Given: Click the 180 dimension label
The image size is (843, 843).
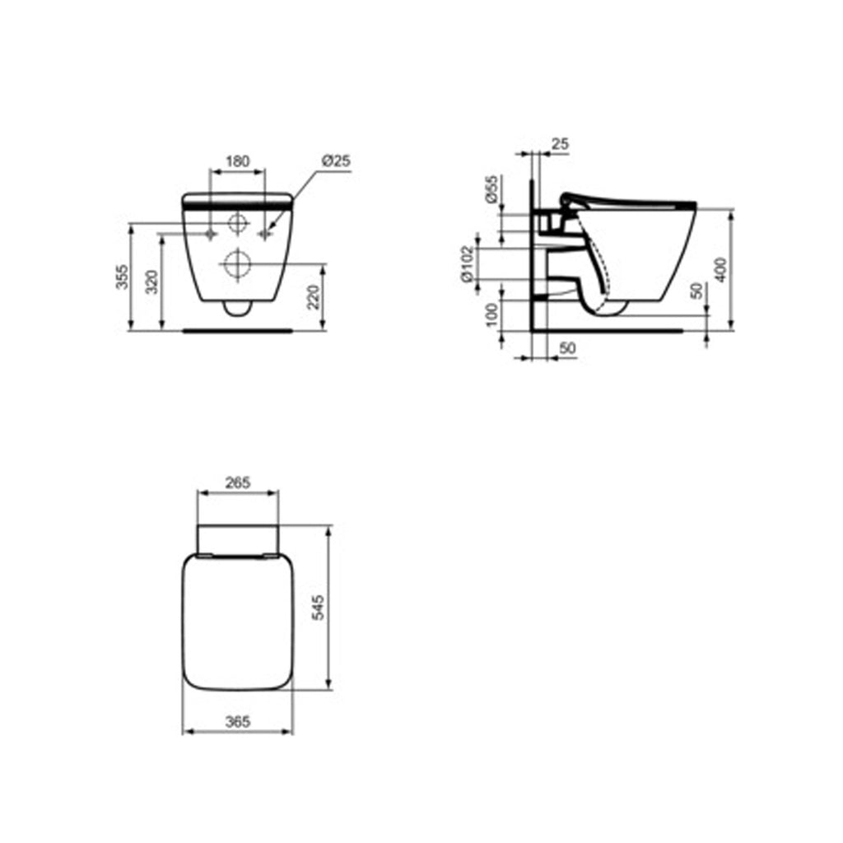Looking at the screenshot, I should [x=238, y=161].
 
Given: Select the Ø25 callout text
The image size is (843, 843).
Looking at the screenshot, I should [x=335, y=161].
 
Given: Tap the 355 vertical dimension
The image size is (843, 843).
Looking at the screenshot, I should [x=122, y=279].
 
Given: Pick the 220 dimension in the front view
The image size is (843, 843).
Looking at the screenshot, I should [x=313, y=296].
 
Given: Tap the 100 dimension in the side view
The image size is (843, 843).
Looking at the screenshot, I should [x=492, y=314].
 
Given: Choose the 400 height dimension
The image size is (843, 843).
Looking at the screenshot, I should [x=721, y=269].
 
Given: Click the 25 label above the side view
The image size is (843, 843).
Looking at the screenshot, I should [x=559, y=144].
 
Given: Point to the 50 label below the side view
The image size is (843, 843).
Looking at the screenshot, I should [x=567, y=349].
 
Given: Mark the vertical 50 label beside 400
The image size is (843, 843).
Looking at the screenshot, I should [x=697, y=291].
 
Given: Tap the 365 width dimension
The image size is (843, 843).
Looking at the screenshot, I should [x=237, y=721].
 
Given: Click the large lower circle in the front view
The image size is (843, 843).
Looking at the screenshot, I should [x=236, y=264].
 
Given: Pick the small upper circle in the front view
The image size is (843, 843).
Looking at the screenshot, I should [x=237, y=222].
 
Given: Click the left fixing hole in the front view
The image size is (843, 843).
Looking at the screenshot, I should [x=212, y=235].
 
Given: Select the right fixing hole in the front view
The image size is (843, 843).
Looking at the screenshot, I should [x=265, y=235].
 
